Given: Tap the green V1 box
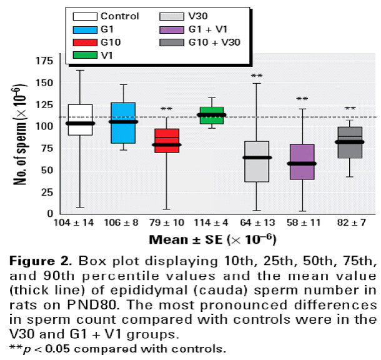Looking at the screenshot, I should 211,115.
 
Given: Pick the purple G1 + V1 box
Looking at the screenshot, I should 302,162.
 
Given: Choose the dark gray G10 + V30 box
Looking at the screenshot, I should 350,142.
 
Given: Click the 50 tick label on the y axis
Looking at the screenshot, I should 46,170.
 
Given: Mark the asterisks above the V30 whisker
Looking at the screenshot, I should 256,77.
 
